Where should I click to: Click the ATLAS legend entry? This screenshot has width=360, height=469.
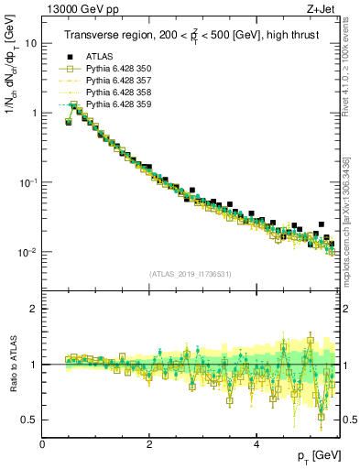(x=99, y=56)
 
